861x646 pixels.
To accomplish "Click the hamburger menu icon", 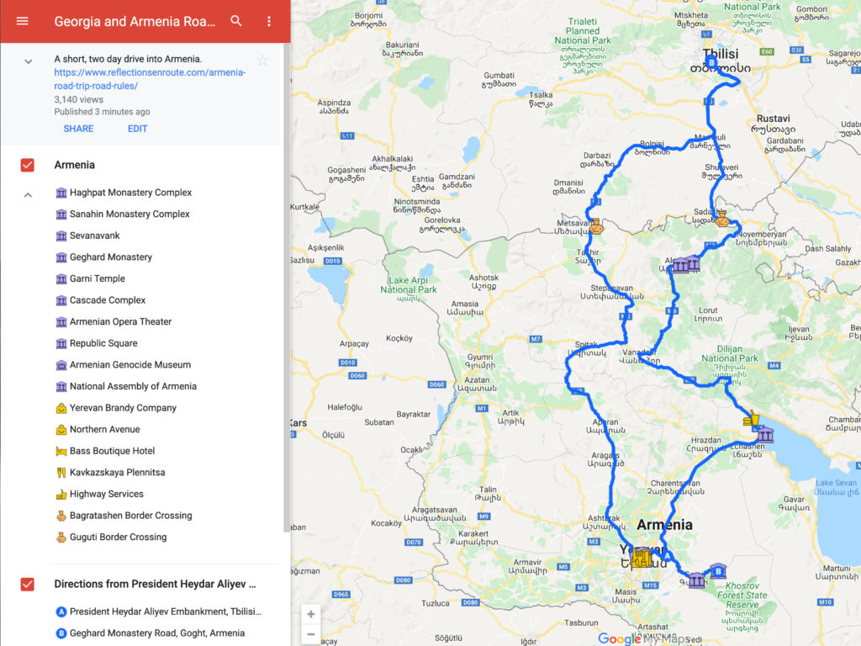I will (x=23, y=21).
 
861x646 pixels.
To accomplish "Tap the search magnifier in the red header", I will (x=236, y=21).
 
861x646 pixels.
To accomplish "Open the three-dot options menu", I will (x=269, y=21).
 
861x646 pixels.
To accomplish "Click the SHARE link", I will (x=78, y=129).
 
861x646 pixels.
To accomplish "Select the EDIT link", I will (x=137, y=129).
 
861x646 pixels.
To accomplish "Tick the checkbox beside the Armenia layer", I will (x=27, y=165).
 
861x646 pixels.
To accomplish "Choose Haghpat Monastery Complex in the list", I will (x=130, y=193).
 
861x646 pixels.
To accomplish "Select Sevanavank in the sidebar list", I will (x=94, y=236).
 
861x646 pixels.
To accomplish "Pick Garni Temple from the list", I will (x=97, y=278).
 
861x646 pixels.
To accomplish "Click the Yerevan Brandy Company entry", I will (x=123, y=408).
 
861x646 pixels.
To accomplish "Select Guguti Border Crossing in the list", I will (x=118, y=537).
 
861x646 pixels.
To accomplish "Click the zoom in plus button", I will (x=311, y=614).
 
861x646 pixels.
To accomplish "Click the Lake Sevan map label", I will (x=836, y=483).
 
